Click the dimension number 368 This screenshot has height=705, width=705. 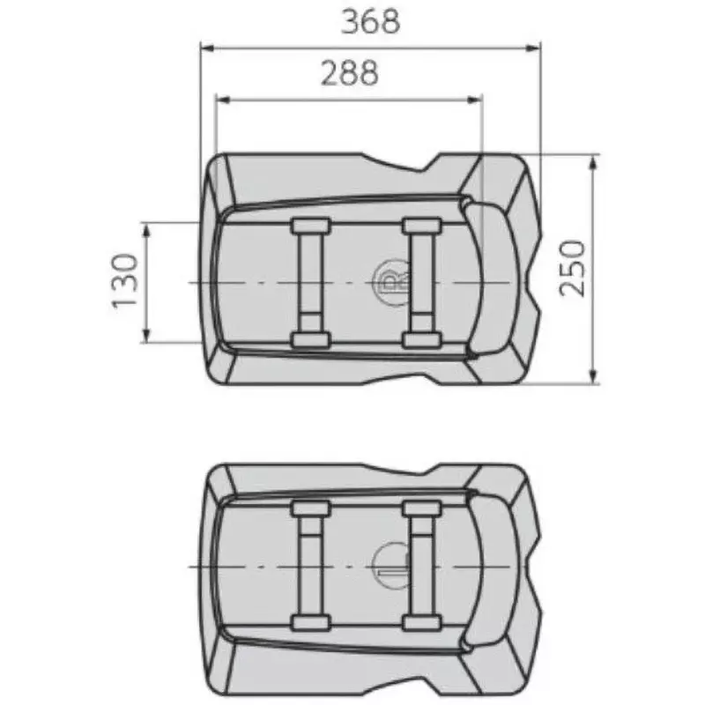click(370, 20)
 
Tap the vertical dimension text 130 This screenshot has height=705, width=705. click(125, 281)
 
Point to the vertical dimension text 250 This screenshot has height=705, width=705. click(573, 269)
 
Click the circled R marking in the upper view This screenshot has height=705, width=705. click(388, 281)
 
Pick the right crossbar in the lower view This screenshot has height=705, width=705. click(420, 564)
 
